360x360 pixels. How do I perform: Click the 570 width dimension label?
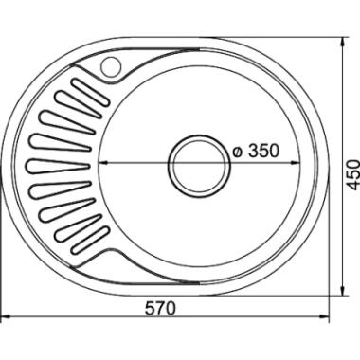coord(160,308)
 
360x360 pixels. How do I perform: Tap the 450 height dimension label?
coord(352,175)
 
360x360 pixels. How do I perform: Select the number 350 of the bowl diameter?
coord(263,151)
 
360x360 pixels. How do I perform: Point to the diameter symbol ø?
coord(238,152)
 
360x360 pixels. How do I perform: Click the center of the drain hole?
coord(199,167)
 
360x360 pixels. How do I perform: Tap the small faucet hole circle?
coord(111,66)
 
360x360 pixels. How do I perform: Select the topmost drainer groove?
coord(90,92)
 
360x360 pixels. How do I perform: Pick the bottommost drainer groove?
coord(90,241)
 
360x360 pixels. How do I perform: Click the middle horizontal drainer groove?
coord(59,167)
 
